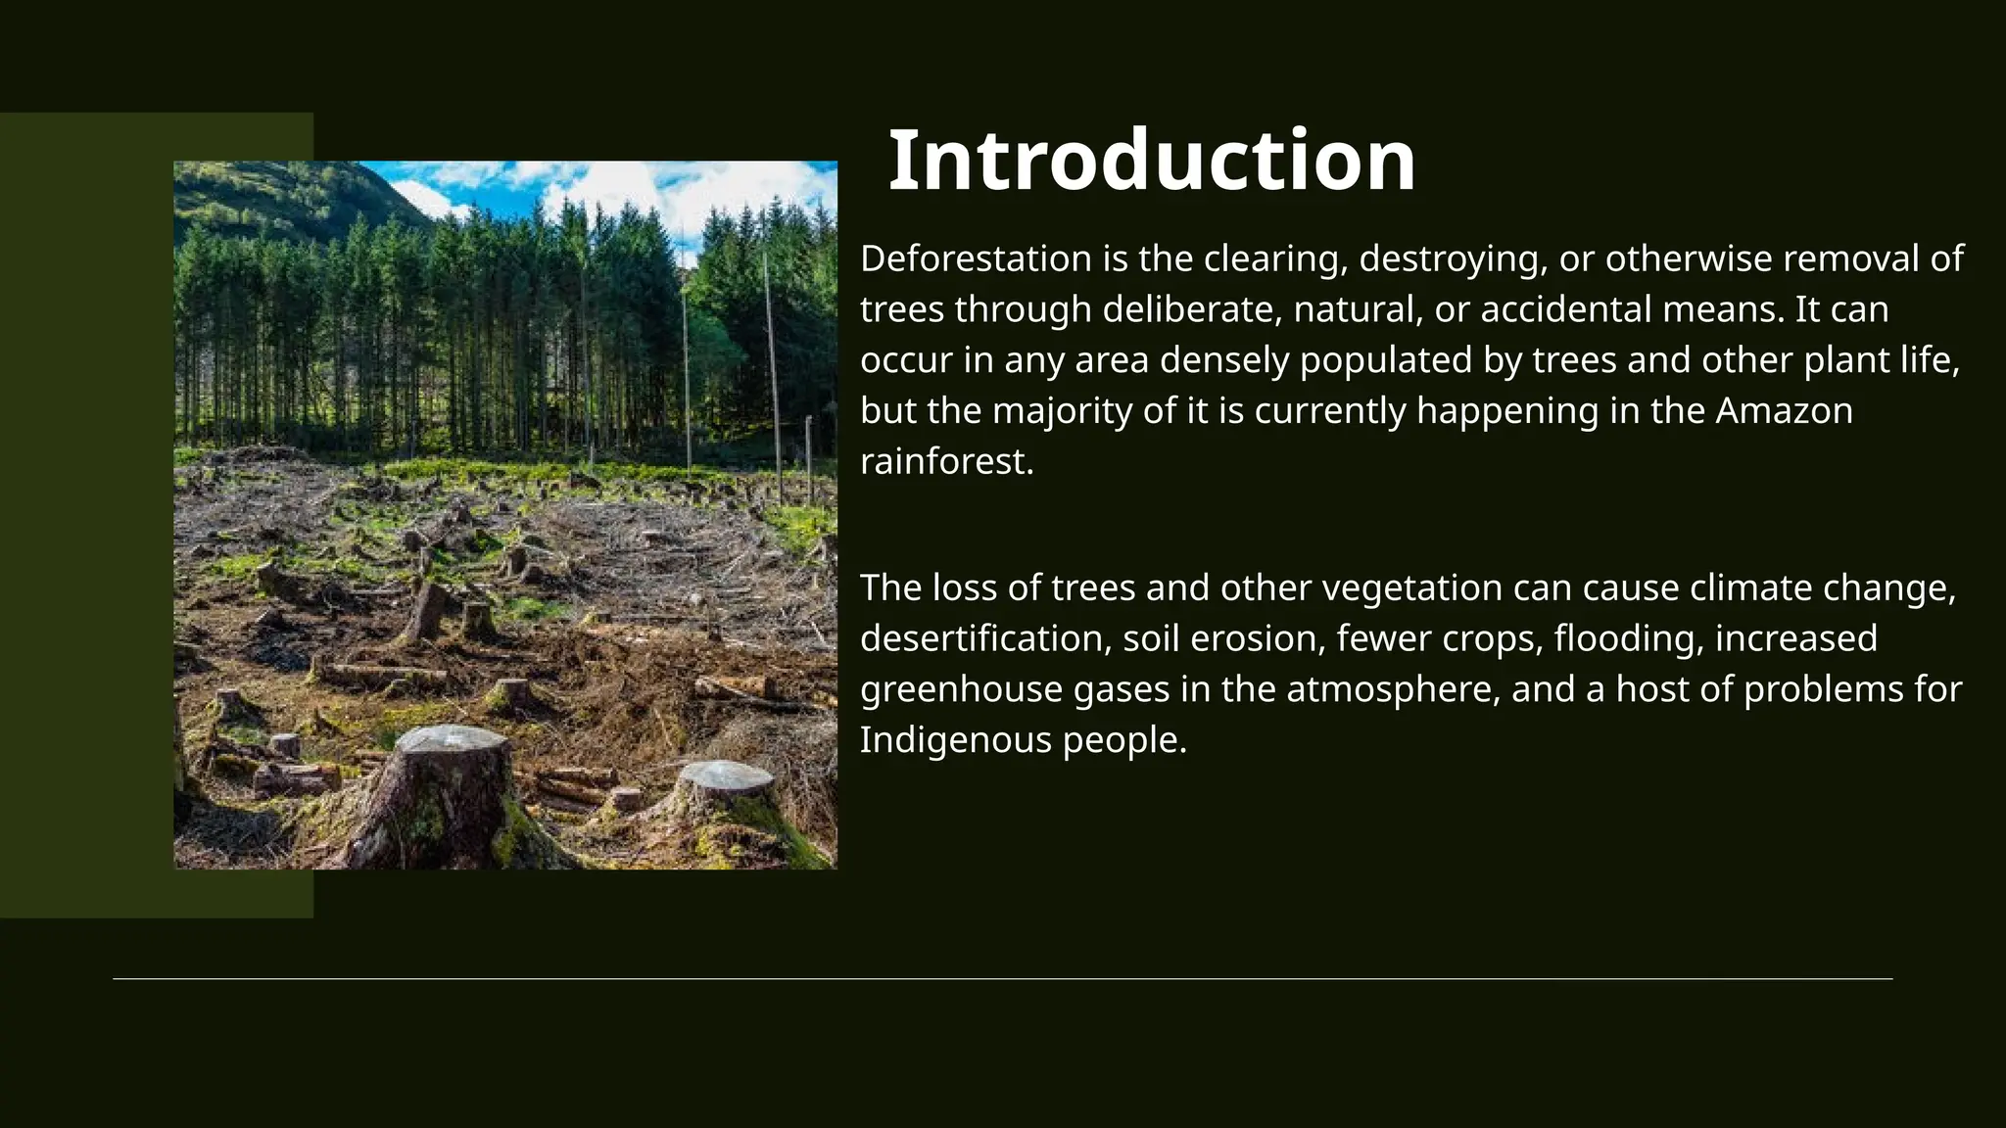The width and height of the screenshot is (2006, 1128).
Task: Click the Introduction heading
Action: pyautogui.click(x=1151, y=161)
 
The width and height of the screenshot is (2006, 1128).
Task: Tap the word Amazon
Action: pyautogui.click(x=1784, y=410)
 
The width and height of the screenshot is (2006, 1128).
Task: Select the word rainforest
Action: pyautogui.click(x=945, y=461)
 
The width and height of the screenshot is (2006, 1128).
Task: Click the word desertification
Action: pyautogui.click(x=984, y=638)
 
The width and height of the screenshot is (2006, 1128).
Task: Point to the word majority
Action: pyautogui.click(x=1062, y=410)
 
